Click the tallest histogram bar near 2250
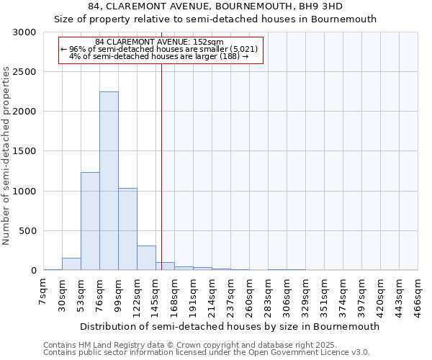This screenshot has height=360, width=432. point(109,180)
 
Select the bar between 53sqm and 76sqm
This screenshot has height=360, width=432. point(90,221)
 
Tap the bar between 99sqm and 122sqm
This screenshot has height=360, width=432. point(127,229)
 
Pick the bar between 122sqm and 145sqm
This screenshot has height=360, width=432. point(146,258)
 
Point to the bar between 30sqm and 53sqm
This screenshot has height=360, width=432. point(71,264)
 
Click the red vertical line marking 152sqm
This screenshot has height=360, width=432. point(161,166)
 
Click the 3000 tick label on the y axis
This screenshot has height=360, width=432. point(25,32)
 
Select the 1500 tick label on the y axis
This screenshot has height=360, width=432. point(25,151)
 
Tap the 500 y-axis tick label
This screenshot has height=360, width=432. point(28,231)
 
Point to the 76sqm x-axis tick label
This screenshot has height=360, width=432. point(99,294)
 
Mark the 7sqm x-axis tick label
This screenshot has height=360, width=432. point(43,291)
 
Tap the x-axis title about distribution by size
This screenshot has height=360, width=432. point(229,326)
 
